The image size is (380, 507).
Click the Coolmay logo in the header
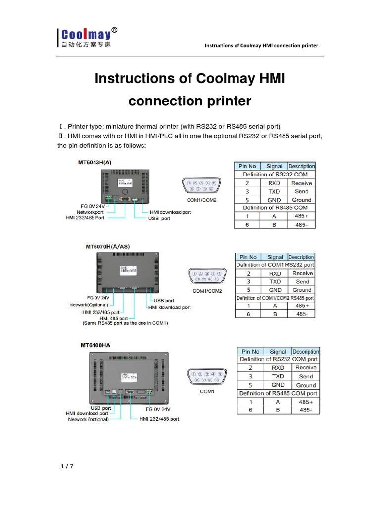pos(87,38)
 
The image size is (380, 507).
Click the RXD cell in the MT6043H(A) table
pos(274,183)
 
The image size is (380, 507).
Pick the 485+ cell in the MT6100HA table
pos(306,402)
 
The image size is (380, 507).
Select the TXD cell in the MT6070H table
pos(275,281)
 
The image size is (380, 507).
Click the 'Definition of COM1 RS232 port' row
pos(275,265)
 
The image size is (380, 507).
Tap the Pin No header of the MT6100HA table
pos(250,352)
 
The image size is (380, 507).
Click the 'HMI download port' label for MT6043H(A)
pos(170,212)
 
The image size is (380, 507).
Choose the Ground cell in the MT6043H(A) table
pos(301,200)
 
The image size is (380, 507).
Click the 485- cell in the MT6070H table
pos(302,314)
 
